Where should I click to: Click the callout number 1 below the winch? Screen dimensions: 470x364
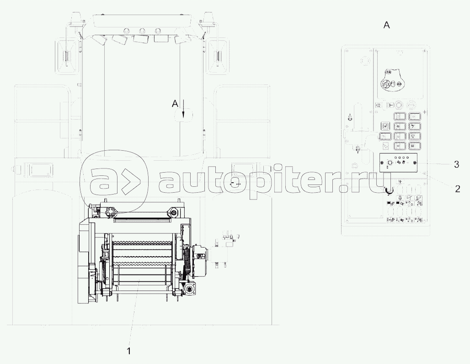click(129, 351)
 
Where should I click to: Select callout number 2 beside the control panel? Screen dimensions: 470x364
click(457, 189)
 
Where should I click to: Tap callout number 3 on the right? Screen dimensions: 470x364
click(456, 164)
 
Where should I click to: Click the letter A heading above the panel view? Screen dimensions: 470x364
click(387, 26)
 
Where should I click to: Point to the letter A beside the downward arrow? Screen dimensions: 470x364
click(175, 104)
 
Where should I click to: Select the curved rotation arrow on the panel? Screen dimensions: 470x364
click(389, 190)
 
